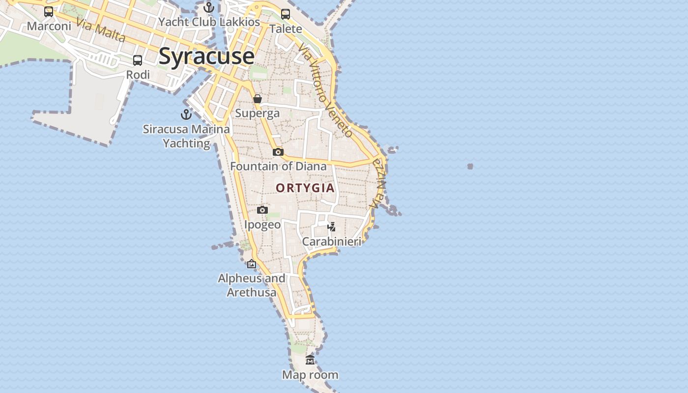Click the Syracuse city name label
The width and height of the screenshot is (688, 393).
point(206,56)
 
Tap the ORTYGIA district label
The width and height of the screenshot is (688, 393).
point(305,188)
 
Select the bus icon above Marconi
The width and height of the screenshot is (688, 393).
point(49,12)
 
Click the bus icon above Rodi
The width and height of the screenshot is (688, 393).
point(138,60)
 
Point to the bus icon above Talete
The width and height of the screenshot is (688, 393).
point(286,14)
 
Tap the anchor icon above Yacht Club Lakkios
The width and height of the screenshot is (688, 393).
point(209,7)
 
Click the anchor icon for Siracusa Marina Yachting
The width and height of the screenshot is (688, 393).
point(186,114)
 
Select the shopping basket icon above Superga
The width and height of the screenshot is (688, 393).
point(257,99)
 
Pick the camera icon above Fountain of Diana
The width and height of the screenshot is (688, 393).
point(278,152)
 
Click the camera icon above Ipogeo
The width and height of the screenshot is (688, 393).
point(262,210)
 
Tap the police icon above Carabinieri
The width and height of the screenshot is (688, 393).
point(332,226)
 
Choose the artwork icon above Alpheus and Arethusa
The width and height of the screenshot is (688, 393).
point(252,264)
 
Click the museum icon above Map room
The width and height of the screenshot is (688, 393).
point(310,360)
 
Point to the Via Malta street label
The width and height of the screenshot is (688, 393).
point(101,30)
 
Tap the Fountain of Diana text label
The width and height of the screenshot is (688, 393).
point(278,166)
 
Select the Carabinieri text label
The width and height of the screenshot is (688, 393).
point(331,241)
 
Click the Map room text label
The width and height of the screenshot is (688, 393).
point(310,375)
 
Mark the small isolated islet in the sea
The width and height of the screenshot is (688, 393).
point(470,167)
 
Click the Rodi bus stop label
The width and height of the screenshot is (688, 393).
point(138,75)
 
